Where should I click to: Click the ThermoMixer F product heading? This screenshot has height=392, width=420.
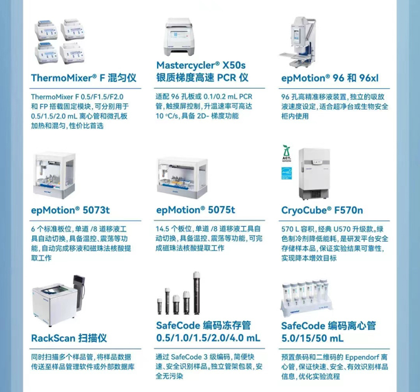point(83,78)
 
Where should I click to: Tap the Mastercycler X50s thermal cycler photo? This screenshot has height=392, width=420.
point(180,37)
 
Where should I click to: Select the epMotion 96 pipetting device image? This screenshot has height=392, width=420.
point(298,42)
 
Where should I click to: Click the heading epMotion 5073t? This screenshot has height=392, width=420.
point(70,210)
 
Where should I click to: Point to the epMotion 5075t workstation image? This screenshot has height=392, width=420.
point(182,178)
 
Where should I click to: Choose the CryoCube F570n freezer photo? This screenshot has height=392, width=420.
point(314,174)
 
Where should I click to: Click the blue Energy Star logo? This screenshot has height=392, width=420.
point(286,173)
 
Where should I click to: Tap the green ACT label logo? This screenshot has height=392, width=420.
point(286,154)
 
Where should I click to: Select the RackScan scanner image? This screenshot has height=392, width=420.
point(59,300)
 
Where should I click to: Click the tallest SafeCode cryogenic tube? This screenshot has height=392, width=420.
point(196,293)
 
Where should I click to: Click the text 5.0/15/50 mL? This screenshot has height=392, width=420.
point(313,338)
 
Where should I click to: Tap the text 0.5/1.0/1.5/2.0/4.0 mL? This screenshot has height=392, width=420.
point(208,338)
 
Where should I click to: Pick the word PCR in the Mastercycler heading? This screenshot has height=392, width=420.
point(227,78)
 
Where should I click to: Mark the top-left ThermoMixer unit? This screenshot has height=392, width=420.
point(46,30)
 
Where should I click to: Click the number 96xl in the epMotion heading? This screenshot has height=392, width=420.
point(369,78)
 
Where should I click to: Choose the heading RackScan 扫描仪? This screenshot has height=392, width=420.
point(69,338)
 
